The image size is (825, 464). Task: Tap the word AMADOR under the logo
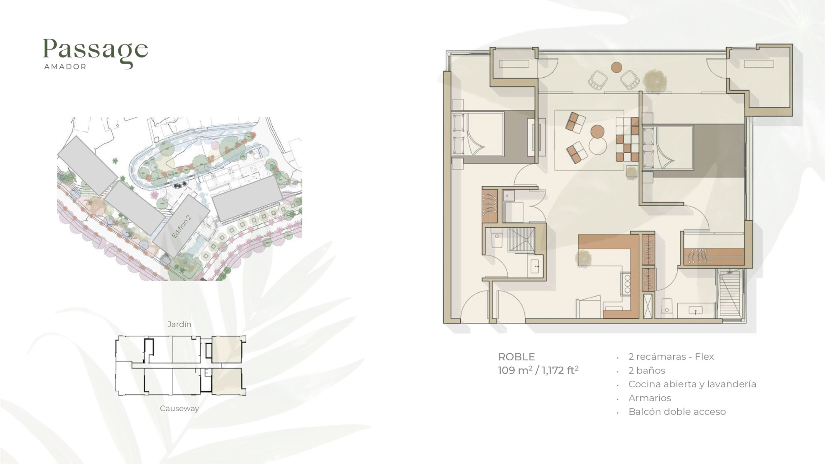pyautogui.click(x=65, y=66)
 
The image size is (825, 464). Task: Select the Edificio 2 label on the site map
pyautogui.click(x=181, y=226)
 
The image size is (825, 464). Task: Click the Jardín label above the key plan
pyautogui.click(x=179, y=324)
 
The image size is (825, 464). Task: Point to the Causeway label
pyautogui.click(x=179, y=408)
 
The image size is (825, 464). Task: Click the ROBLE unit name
pyautogui.click(x=516, y=357)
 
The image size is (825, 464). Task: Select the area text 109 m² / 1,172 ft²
pyautogui.click(x=538, y=370)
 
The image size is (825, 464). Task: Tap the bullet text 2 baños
pyautogui.click(x=647, y=370)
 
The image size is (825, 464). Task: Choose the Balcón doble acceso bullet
pyautogui.click(x=677, y=412)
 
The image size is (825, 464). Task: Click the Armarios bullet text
pyautogui.click(x=650, y=398)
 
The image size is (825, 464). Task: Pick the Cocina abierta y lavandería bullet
pyautogui.click(x=692, y=384)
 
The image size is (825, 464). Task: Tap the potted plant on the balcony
pyautogui.click(x=654, y=80)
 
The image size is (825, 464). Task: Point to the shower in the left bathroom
pyautogui.click(x=521, y=239)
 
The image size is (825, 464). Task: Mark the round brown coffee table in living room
pyautogui.click(x=597, y=132)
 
